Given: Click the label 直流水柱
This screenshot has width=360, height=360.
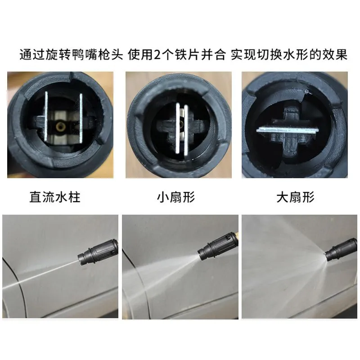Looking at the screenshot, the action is [55, 197].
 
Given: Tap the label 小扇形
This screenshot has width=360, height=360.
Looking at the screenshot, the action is [176, 197].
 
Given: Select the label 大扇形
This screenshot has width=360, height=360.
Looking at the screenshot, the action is [295, 197].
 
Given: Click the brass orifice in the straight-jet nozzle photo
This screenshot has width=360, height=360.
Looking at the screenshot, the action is [60, 126].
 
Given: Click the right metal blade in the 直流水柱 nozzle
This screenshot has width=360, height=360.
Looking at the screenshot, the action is [81, 118].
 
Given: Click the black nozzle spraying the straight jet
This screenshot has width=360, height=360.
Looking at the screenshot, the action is [98, 253].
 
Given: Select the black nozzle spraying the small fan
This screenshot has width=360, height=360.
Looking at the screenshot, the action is [218, 246].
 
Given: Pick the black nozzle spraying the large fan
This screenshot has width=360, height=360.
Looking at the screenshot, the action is [341, 250].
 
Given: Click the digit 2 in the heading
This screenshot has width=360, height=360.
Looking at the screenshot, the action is [157, 54].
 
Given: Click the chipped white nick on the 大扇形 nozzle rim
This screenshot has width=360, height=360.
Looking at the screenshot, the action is [306, 92].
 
